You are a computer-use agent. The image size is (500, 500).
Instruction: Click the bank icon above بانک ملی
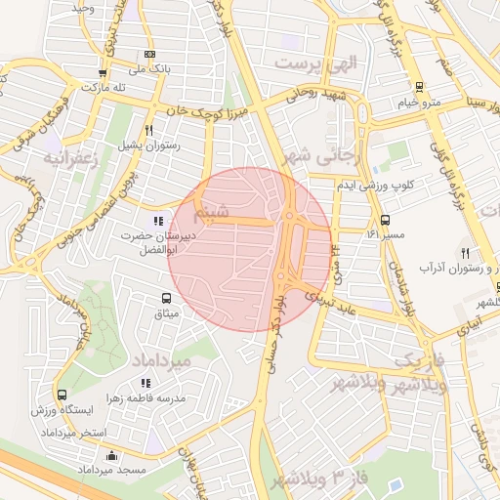(149, 55)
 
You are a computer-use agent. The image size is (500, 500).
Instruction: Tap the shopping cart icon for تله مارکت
(103, 72)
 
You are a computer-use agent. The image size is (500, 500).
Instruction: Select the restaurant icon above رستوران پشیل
(149, 129)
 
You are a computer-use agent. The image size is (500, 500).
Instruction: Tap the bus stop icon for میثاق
(167, 298)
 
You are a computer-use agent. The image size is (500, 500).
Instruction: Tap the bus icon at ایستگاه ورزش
(62, 396)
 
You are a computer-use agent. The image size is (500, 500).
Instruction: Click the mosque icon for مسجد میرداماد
(113, 454)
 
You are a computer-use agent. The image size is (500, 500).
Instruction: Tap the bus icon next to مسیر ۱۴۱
(386, 220)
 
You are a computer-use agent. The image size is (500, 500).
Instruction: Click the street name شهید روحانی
(314, 96)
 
